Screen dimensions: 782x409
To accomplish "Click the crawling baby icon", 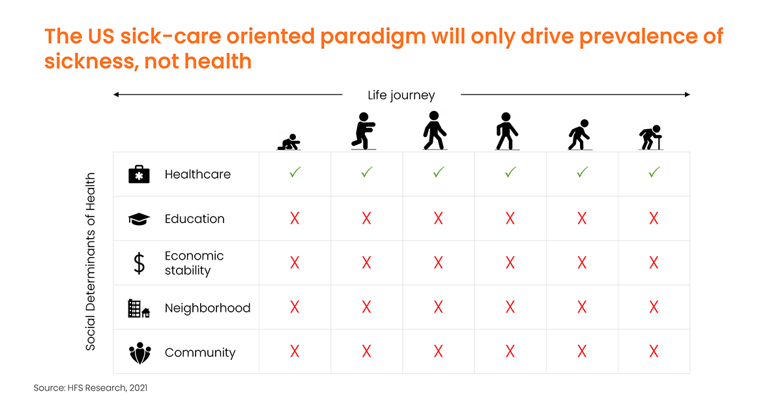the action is [289, 142].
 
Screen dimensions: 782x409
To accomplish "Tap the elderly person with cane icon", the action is [651, 138].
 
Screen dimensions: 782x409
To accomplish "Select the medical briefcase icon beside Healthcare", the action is [139, 174].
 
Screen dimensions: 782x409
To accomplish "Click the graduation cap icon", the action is [139, 219].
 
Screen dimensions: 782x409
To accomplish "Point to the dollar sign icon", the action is [139, 264].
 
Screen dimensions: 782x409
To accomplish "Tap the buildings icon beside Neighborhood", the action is [139, 309].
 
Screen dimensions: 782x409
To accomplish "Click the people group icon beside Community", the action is [140, 353].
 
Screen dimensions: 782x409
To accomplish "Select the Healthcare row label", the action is [197, 174].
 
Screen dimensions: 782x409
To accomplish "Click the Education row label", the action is [194, 219].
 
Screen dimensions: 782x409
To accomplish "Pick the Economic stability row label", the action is [194, 264].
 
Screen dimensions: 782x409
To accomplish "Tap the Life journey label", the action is [401, 95].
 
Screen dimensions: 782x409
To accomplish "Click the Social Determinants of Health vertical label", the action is [91, 262].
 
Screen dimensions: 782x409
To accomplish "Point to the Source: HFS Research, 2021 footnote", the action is [91, 387].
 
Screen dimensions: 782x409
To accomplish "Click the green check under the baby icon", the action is [295, 172].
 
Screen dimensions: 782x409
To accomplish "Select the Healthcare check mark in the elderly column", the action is [654, 172].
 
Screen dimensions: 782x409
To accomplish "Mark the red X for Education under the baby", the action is [295, 219].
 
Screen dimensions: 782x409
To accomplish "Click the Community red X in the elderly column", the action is [654, 352].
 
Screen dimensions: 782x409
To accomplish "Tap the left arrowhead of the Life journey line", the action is [116, 95].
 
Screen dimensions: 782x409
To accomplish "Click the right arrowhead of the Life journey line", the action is [688, 95].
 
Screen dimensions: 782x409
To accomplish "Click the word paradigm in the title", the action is [373, 37].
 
